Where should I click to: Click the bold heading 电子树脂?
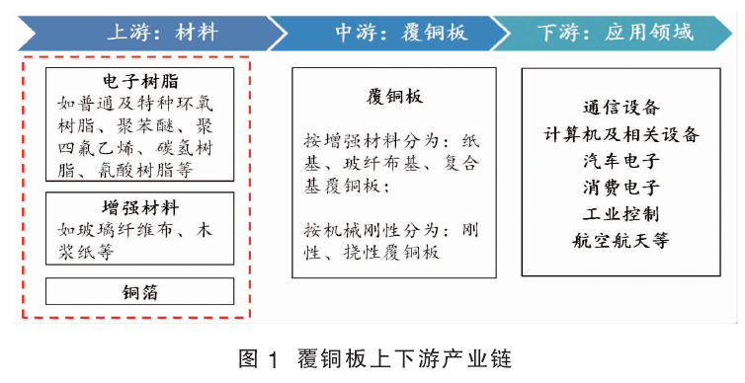click(140, 81)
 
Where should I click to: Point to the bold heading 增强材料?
click(140, 207)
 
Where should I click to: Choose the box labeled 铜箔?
click(139, 291)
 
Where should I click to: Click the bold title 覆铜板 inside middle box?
click(394, 97)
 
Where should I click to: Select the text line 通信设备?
click(621, 108)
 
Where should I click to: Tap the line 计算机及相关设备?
click(621, 134)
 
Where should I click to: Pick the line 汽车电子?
click(621, 161)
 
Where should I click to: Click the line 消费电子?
click(621, 188)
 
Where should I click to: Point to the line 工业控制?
click(621, 214)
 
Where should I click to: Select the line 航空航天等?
click(621, 241)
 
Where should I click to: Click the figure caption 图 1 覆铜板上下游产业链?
click(374, 358)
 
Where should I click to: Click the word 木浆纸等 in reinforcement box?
click(86, 252)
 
